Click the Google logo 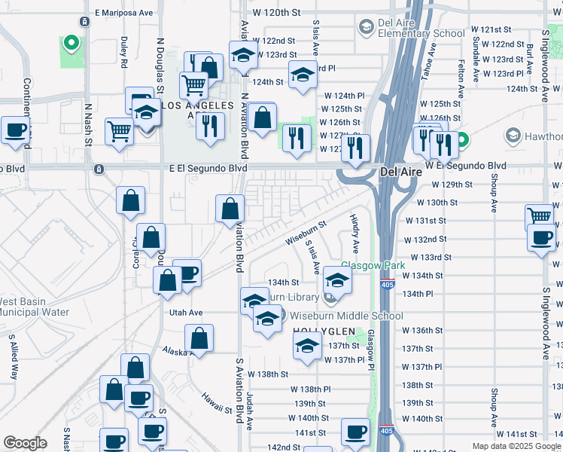26,443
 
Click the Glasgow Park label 373,265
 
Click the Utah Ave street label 186,312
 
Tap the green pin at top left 72,43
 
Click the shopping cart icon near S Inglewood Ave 539,216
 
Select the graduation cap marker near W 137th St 307,347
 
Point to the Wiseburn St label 306,233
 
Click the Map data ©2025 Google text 516,446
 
